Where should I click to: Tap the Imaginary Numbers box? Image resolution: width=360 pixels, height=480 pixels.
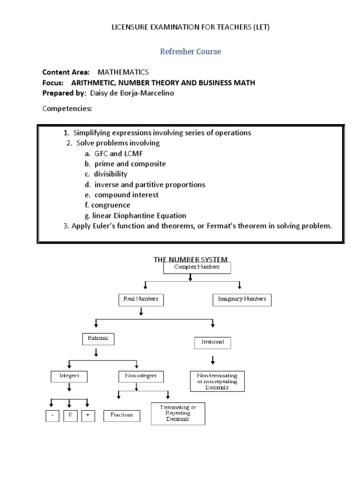[242, 299]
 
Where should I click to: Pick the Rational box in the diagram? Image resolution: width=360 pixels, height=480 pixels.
[98, 338]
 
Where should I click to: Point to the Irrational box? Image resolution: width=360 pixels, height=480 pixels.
[212, 343]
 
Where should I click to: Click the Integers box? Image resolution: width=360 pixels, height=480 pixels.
[69, 376]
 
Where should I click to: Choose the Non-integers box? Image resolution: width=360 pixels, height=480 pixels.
[137, 376]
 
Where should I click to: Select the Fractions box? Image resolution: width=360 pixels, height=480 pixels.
[121, 415]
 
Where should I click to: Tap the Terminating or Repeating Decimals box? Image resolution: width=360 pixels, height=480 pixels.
[178, 413]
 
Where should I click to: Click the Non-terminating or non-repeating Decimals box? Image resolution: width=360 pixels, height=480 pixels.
[217, 381]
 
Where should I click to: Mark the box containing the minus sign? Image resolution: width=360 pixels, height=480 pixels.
[53, 415]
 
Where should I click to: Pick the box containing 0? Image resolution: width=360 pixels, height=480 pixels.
[70, 415]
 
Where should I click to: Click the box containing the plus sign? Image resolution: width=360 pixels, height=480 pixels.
[88, 415]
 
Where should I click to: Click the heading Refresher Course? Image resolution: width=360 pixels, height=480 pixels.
[190, 52]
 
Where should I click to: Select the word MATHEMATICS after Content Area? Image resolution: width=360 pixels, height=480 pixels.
[123, 72]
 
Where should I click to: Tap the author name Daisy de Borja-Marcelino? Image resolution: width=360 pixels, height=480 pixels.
[135, 93]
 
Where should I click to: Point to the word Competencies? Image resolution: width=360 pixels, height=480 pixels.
[67, 109]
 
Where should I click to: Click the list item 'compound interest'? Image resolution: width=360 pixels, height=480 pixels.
[127, 195]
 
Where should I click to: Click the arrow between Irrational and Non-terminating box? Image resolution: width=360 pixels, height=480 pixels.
[213, 360]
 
